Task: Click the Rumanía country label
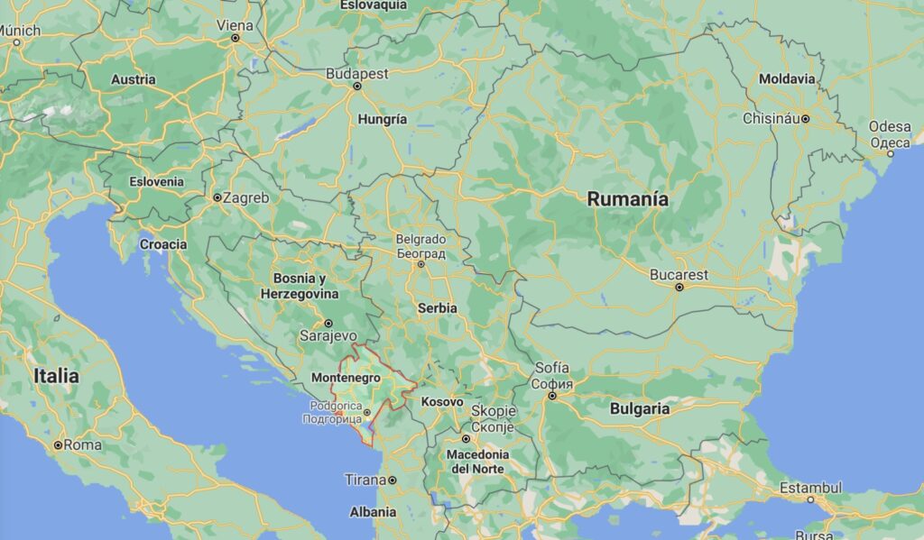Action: (628, 199)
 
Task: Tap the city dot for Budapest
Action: (356, 87)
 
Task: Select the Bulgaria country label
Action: (640, 408)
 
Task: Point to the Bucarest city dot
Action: (679, 288)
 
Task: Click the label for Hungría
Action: (383, 119)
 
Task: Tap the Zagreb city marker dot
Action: (217, 197)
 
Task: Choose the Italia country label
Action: (56, 376)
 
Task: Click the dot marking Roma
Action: (58, 445)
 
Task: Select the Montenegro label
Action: (345, 379)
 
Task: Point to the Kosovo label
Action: (442, 401)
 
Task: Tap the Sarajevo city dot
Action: (328, 323)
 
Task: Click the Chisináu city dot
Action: (806, 118)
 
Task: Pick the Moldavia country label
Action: (787, 79)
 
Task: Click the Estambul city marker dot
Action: (810, 499)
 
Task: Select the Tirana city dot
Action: (393, 481)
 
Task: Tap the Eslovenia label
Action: (156, 181)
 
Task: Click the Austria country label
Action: (133, 79)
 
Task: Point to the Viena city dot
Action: (236, 38)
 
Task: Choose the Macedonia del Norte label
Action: (478, 462)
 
